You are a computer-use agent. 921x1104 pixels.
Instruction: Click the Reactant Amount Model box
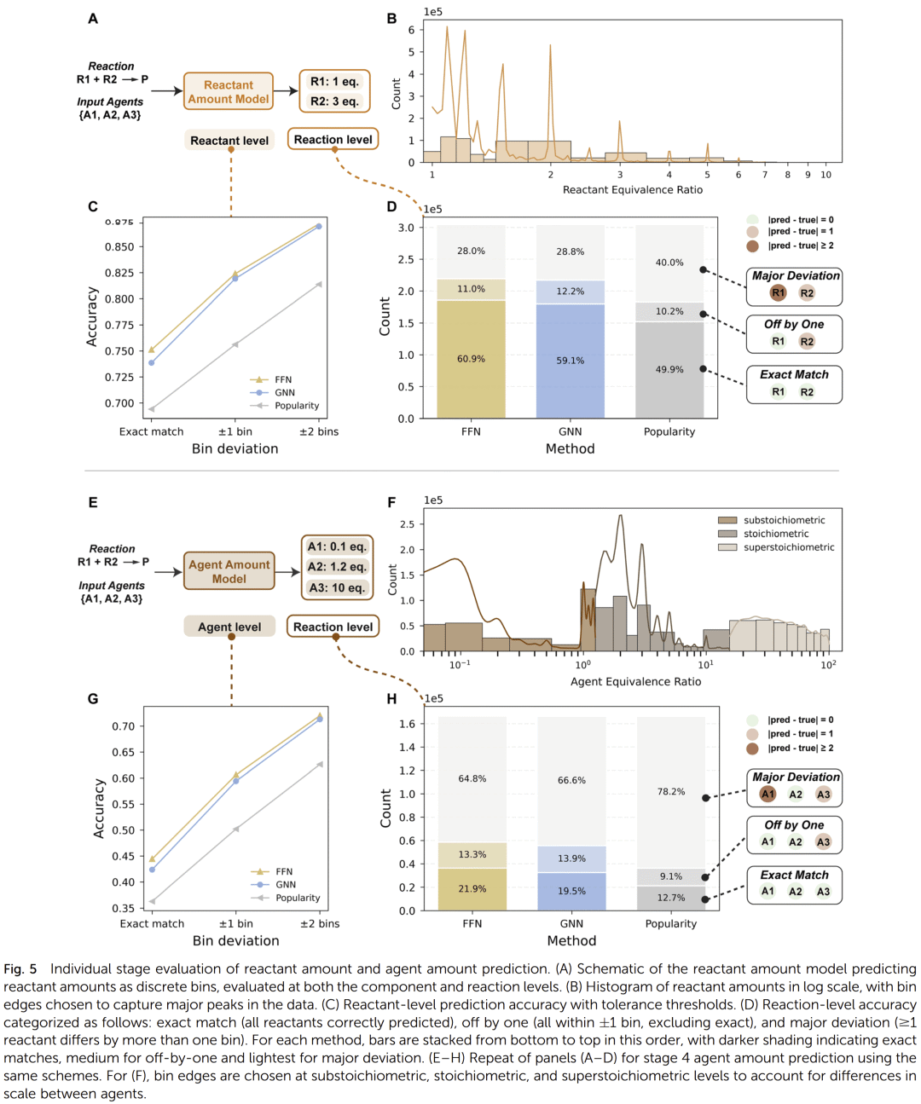click(229, 92)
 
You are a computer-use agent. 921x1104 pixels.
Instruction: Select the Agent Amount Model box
click(229, 571)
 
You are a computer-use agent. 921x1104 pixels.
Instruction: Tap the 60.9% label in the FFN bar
click(471, 359)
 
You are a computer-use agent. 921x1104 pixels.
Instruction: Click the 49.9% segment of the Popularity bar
click(669, 369)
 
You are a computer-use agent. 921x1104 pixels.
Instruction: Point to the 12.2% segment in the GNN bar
click(571, 292)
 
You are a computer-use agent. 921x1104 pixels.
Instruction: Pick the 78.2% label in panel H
click(671, 792)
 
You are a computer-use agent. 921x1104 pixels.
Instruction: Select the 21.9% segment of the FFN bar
click(472, 888)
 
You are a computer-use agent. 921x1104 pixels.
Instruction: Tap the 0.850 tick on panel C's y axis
click(119, 247)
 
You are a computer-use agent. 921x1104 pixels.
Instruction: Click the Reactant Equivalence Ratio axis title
click(632, 190)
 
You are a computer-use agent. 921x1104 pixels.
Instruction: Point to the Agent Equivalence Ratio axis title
click(635, 681)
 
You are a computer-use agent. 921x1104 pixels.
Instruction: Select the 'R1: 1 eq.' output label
click(334, 82)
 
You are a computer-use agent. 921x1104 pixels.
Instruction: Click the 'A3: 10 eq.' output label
click(337, 587)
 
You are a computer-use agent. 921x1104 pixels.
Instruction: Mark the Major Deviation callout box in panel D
click(795, 286)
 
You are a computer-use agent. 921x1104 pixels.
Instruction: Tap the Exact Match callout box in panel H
click(795, 884)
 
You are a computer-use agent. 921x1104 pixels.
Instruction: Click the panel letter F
click(391, 502)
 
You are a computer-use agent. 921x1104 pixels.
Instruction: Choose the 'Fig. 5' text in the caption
click(20, 969)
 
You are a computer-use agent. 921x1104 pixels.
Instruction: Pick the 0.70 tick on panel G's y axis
click(123, 726)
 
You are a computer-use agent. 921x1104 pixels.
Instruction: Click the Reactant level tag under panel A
click(229, 141)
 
